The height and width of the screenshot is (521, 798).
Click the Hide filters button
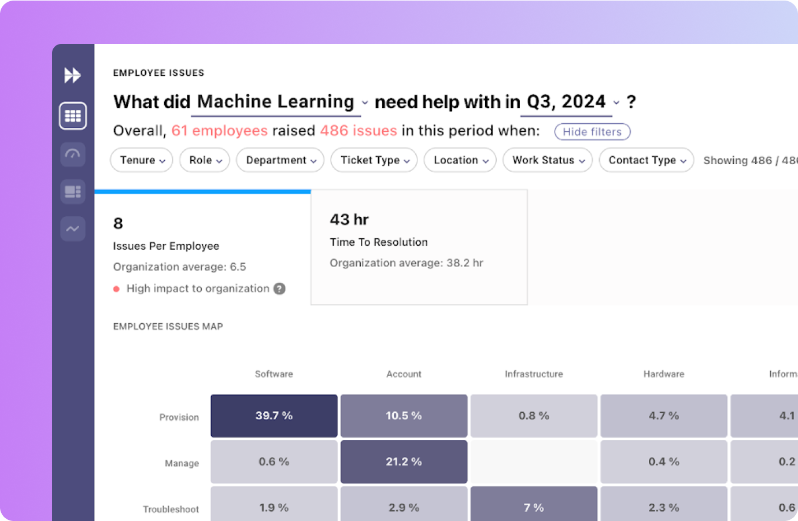tap(592, 132)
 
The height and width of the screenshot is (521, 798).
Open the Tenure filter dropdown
tap(142, 160)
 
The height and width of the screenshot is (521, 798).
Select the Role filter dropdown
tap(205, 160)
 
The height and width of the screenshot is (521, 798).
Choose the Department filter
tap(280, 160)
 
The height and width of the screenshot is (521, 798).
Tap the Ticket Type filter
tap(374, 160)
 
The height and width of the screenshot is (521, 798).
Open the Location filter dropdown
tap(460, 160)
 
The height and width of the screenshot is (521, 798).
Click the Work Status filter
tap(548, 160)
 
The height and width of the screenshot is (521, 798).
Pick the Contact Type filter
tap(646, 160)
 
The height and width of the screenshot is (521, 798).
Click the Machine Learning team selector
tap(281, 102)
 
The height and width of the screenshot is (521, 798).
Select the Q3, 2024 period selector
tap(572, 102)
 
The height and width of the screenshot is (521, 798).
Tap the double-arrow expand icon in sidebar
tap(72, 75)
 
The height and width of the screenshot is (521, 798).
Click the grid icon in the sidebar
tap(73, 116)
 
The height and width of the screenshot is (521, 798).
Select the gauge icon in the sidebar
tap(73, 154)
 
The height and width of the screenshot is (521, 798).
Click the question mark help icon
tap(279, 289)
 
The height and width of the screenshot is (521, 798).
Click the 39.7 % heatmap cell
tap(274, 416)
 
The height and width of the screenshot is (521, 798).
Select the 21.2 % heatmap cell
tap(404, 461)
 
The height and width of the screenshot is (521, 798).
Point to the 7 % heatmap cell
tap(534, 507)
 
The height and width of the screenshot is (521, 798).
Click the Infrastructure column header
tap(534, 374)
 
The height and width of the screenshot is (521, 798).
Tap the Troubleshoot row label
tap(171, 509)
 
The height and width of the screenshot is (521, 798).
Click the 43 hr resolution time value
tap(349, 220)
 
